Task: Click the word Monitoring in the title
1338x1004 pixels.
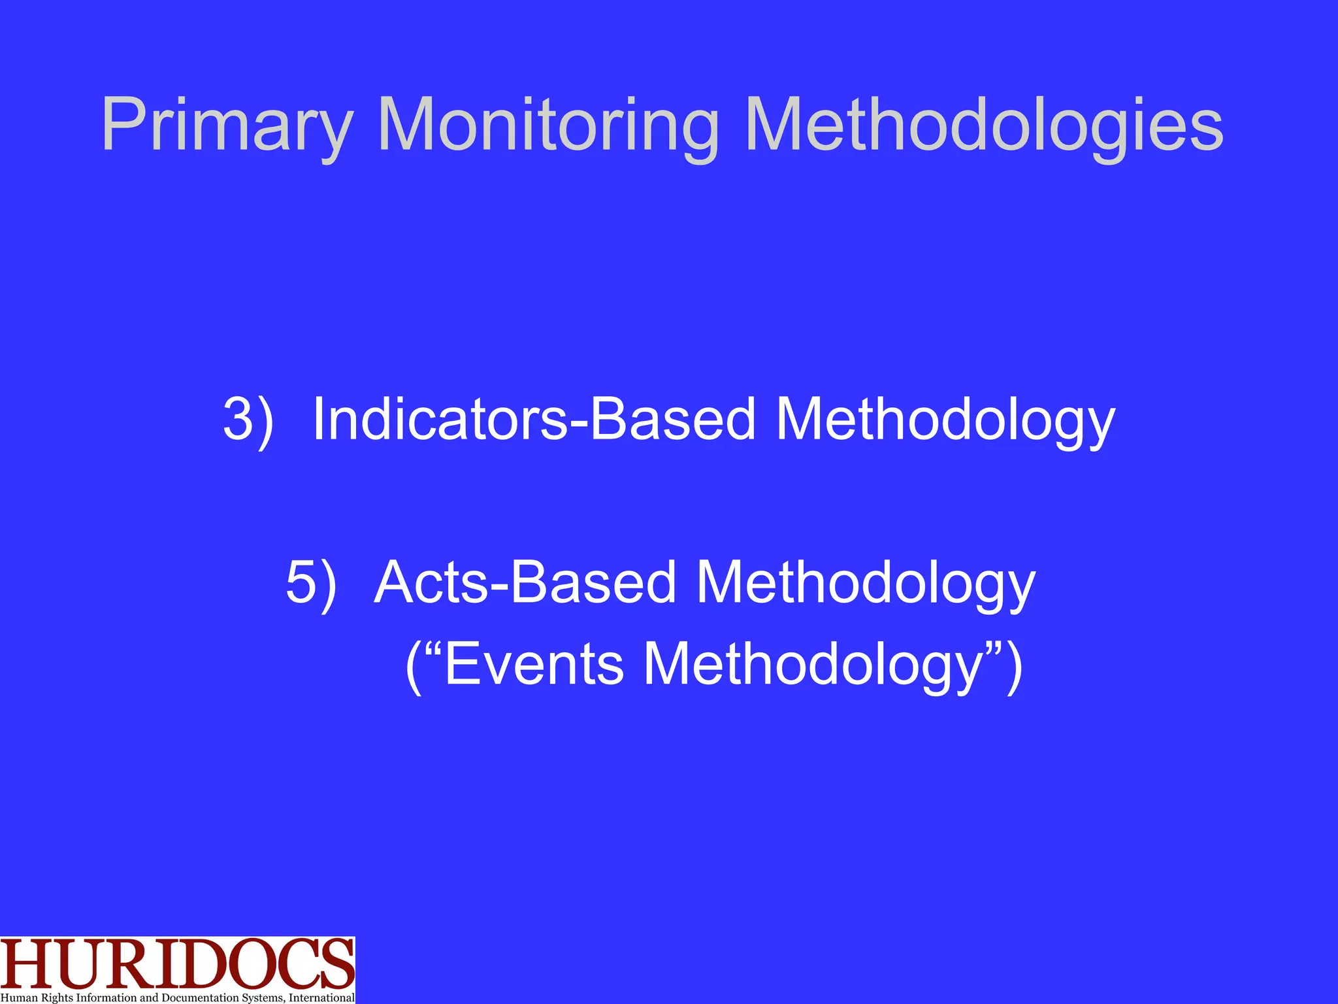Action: pos(547,125)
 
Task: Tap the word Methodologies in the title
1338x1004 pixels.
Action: pos(983,125)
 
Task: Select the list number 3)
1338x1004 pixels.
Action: pos(248,420)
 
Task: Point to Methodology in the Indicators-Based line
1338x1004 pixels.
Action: pos(945,420)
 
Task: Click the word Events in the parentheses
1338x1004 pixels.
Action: pos(534,664)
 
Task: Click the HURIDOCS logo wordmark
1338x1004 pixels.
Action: pos(177,965)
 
